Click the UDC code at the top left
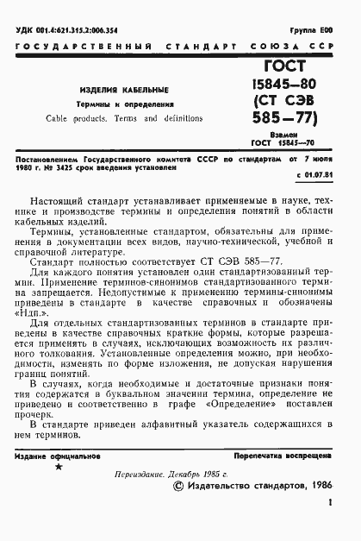(73, 30)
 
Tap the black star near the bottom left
(59, 467)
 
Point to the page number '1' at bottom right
(331, 520)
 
